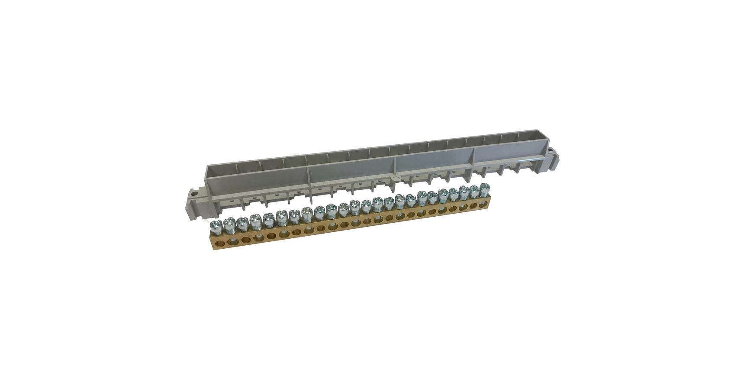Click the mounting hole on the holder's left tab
[194, 191]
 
